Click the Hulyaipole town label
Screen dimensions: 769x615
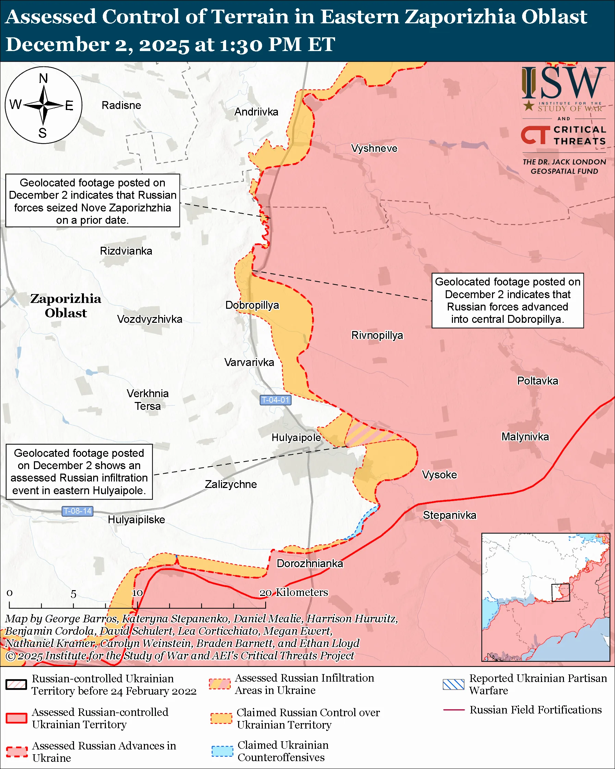tap(296, 438)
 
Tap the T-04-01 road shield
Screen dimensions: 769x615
tap(275, 400)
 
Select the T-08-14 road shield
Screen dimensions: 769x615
tap(77, 511)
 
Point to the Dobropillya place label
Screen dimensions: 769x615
tap(252, 305)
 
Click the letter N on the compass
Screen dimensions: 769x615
tap(43, 78)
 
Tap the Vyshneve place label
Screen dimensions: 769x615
tap(374, 148)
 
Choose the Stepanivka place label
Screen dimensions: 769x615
tap(449, 515)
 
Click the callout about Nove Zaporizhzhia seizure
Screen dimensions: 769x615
tap(93, 201)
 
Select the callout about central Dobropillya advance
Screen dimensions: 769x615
tap(507, 300)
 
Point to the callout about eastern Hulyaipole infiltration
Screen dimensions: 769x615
tap(79, 472)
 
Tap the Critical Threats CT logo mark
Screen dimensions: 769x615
tap(535, 135)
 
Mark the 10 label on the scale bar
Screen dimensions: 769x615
tap(137, 593)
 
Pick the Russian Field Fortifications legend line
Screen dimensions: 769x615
tap(454, 710)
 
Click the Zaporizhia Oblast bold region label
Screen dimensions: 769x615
tap(65, 306)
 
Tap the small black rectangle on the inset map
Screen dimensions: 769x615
tap(560, 593)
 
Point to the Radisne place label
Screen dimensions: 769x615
tap(121, 105)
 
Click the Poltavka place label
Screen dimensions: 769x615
tap(537, 381)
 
